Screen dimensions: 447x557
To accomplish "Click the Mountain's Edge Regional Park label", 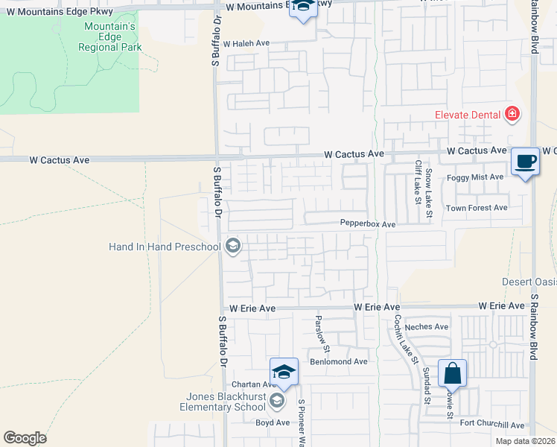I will coord(109,37).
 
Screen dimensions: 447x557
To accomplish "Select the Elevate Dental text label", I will coord(468,115).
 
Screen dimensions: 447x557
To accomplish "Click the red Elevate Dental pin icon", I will coord(512,114).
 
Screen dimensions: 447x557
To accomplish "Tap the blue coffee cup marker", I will coord(526,161).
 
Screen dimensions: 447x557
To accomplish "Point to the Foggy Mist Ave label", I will coord(474,177).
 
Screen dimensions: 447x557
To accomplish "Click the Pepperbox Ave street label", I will coord(368,223).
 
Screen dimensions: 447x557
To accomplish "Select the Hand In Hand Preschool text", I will coord(165,247).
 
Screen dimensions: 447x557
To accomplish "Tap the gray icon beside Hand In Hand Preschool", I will coord(233,246).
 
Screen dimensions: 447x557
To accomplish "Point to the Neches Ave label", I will coord(427,326).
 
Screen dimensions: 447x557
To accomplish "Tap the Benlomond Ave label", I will coord(339,361).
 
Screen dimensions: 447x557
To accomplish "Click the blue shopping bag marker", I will coord(452,372).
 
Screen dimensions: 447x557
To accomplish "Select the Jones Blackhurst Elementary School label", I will coord(223,402).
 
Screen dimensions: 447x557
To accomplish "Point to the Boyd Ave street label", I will coord(273,422).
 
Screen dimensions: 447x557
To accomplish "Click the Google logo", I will coord(25,438).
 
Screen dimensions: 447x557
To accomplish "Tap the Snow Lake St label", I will coord(430,193).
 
